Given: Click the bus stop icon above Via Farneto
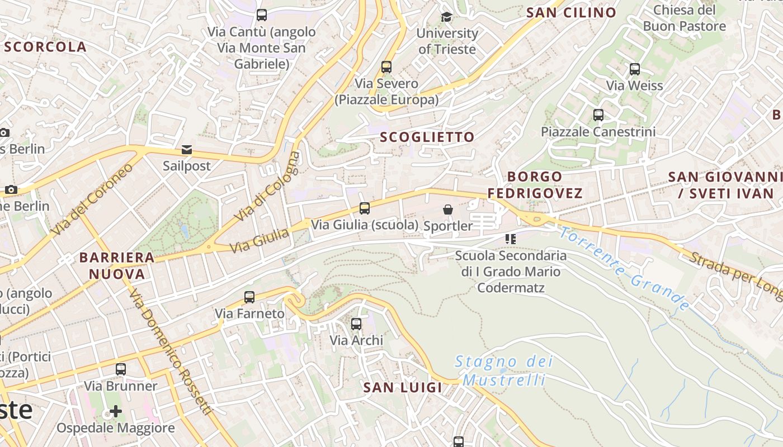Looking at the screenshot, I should coord(249,297).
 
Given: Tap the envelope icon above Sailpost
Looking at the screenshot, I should coord(186,150).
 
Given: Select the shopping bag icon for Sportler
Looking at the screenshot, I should coord(448,210).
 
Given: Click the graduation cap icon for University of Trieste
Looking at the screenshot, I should coord(446,17).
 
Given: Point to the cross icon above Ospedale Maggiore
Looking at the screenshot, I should coord(116,412).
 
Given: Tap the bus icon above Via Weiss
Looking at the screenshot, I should coord(635,69).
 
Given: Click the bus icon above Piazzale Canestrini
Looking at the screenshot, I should coord(598,115).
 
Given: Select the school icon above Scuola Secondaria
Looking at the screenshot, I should coord(510,239).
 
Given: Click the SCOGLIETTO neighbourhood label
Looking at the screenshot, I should coord(427,137).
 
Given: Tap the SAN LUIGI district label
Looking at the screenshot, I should coord(403,387).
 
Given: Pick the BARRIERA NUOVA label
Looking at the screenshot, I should coord(117,265).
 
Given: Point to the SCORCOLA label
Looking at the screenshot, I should coord(46,47).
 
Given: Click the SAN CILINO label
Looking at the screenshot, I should coord(571,12).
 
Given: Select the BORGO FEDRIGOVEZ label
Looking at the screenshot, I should coord(535,185).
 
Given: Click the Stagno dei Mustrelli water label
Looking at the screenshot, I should coord(503,371).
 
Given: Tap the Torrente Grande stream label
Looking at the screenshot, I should coord(625,268).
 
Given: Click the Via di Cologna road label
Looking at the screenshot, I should coord(267,187).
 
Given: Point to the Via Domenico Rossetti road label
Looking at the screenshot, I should coord(172,353).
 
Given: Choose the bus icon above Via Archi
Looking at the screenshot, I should coord(356,324).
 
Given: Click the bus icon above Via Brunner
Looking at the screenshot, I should coord(121,369).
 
